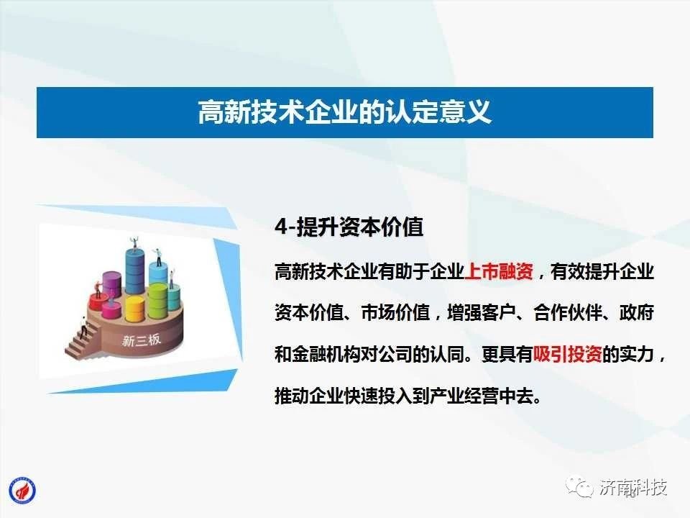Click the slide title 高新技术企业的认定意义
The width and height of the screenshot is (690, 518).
344,112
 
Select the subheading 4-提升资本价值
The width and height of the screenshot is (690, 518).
349,227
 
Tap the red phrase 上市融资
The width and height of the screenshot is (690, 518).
499,271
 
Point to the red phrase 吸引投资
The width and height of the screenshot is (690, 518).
568,354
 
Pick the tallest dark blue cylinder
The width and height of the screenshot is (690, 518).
134,271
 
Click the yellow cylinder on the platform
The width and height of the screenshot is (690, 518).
134,309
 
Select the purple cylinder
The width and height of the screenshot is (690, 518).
112,286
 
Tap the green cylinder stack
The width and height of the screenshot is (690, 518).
157,300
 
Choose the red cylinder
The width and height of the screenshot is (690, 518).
96,302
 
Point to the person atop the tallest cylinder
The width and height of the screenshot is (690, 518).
134,244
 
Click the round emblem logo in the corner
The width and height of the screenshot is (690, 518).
22,491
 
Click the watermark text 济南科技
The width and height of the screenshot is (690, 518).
633,487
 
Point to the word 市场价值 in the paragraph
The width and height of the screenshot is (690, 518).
395,313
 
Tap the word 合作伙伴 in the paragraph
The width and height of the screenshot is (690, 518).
568,313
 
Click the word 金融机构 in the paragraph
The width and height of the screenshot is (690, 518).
326,354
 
